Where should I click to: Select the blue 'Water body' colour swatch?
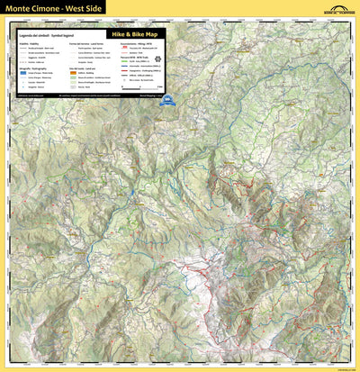pos(22,70)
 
